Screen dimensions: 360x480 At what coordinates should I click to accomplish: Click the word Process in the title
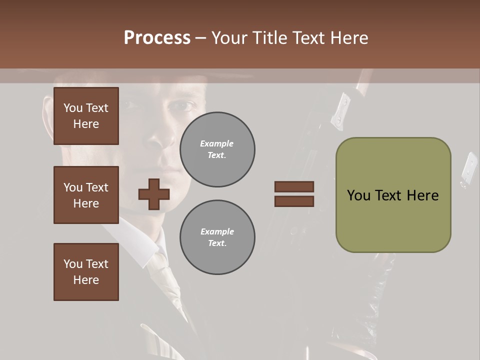click(157, 38)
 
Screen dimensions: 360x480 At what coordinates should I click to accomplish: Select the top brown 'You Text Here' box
click(86, 116)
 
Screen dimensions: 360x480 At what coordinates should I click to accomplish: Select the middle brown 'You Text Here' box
click(86, 195)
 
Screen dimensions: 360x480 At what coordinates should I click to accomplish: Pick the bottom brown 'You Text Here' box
click(86, 271)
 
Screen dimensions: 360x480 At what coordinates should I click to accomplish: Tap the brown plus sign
click(154, 194)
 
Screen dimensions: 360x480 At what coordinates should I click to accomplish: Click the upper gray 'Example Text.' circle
click(217, 149)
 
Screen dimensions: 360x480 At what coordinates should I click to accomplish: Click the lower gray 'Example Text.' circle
click(217, 237)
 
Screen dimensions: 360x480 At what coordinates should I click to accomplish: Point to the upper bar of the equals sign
click(294, 186)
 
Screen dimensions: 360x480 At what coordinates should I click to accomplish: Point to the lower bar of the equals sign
click(294, 201)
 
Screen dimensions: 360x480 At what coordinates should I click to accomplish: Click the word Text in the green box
click(394, 195)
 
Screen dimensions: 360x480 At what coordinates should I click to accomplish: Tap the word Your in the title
click(229, 38)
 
